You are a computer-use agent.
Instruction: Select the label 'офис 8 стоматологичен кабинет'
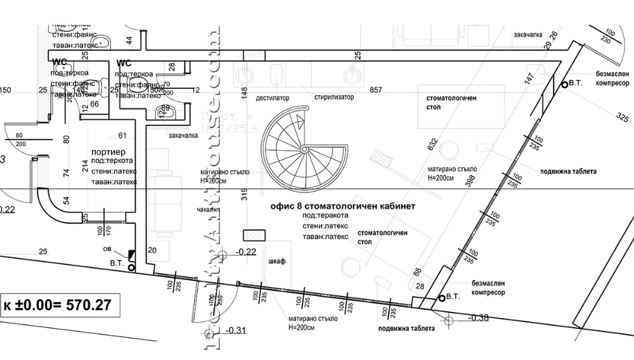click(342, 207)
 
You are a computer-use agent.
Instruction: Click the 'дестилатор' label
click(272, 98)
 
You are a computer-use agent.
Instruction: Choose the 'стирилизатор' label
click(334, 98)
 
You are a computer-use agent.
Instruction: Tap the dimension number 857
click(376, 91)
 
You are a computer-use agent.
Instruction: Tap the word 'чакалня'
click(208, 209)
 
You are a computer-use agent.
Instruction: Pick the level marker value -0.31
click(235, 330)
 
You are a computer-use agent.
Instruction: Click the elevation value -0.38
click(478, 318)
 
